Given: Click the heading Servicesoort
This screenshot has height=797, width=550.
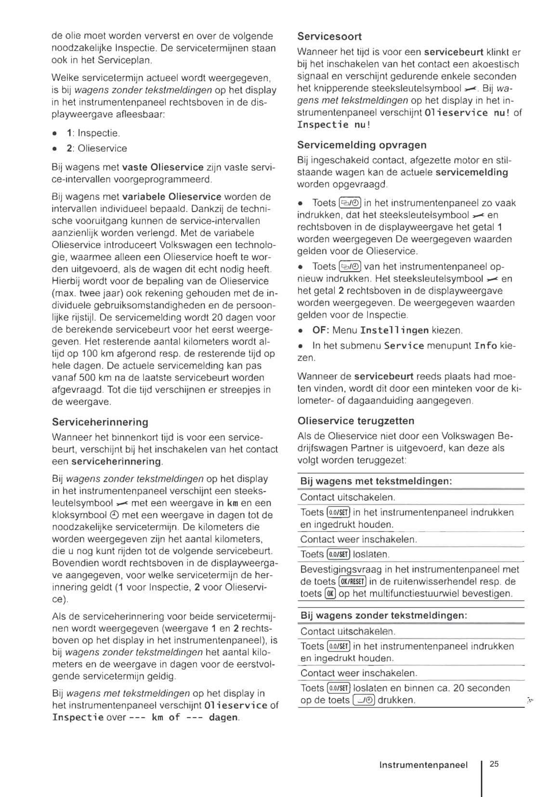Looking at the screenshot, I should tap(329, 36).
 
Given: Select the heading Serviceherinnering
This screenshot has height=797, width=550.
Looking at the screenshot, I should tap(100, 422).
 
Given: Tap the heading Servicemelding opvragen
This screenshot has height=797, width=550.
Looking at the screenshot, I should tap(362, 145).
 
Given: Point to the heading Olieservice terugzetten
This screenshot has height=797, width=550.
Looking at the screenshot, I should tap(356, 421).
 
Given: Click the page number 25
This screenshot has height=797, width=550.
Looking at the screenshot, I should tap(494, 764).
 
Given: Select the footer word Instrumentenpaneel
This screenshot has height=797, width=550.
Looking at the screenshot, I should tap(423, 765).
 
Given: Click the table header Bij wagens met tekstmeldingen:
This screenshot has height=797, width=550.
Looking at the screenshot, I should tap(376, 481).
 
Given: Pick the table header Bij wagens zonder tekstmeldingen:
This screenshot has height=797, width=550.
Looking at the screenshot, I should tap(384, 615).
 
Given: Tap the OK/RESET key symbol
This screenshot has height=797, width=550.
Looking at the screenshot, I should tap(353, 582).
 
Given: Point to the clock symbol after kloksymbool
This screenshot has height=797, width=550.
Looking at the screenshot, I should tap(114, 515).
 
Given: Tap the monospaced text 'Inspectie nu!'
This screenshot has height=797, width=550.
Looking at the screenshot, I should tap(334, 125).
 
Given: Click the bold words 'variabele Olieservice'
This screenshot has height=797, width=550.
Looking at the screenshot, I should tap(172, 197).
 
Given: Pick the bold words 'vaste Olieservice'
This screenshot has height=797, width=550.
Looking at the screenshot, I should tap(163, 167).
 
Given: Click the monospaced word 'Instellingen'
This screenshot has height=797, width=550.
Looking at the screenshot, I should tap(394, 331).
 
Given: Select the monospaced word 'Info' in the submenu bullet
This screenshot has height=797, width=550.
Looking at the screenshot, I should tap(485, 346).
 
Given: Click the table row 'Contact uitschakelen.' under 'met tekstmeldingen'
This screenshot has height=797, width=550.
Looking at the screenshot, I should tap(347, 497).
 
